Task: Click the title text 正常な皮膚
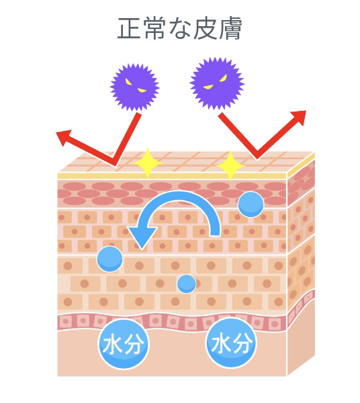coord(179,28)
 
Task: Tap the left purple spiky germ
coord(134,87)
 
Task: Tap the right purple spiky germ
coord(217,83)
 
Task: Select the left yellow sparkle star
coord(148,163)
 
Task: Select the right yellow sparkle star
coord(230,166)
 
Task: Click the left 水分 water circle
coord(124,344)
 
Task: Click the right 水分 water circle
coord(232,343)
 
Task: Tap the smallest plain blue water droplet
coord(187,283)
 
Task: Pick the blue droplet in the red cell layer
coord(251,204)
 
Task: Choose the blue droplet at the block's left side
coord(109,259)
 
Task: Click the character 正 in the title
coord(129,29)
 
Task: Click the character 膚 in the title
coord(230,28)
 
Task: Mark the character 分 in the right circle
coord(242,343)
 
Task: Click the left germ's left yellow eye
coord(128,82)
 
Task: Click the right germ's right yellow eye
coord(223,77)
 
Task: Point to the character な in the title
coord(180,29)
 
